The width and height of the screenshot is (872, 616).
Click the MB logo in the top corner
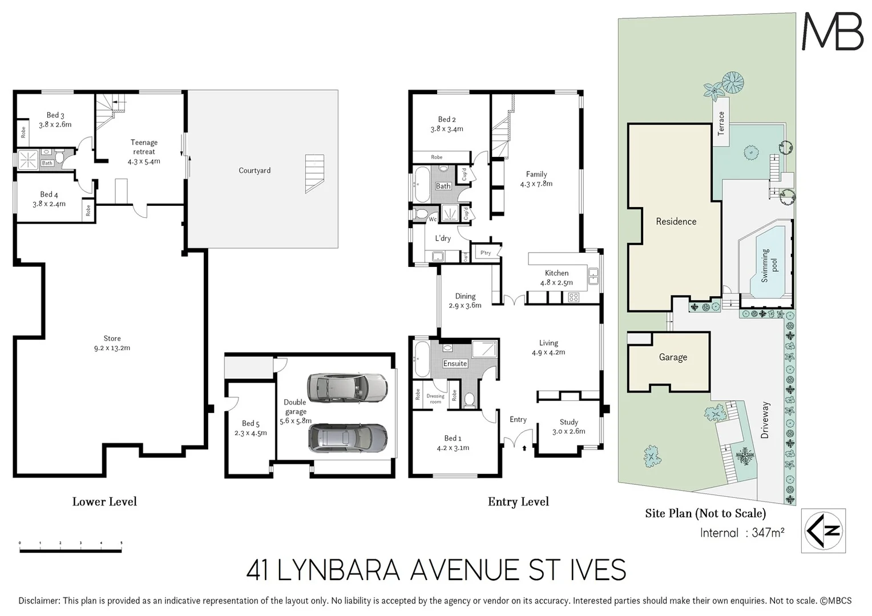pyautogui.click(x=832, y=31)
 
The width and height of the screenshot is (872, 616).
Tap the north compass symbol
pyautogui.click(x=823, y=530)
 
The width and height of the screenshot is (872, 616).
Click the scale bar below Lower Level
pyautogui.click(x=71, y=550)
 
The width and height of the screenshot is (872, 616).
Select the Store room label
pyautogui.click(x=112, y=343)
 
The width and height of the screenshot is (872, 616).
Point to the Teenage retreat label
pyautogui.click(x=144, y=152)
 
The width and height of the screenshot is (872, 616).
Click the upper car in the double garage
pyautogui.click(x=347, y=388)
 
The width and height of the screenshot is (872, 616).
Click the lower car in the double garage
pyautogui.click(x=347, y=438)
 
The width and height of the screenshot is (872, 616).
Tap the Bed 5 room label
pyautogui.click(x=251, y=428)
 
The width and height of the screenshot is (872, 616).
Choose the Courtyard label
pyautogui.click(x=255, y=171)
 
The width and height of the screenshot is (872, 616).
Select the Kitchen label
pyautogui.click(x=556, y=277)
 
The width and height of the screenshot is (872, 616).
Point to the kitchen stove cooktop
pyautogui.click(x=574, y=297)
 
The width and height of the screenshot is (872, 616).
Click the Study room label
pyautogui.click(x=568, y=427)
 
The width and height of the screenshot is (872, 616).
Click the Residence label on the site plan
pyautogui.click(x=676, y=221)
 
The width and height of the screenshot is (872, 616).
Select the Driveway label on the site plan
pyautogui.click(x=765, y=420)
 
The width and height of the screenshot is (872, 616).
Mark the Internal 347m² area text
pyautogui.click(x=742, y=533)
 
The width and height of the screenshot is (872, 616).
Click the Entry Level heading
pyautogui.click(x=518, y=502)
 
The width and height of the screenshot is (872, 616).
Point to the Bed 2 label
pyautogui.click(x=447, y=124)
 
